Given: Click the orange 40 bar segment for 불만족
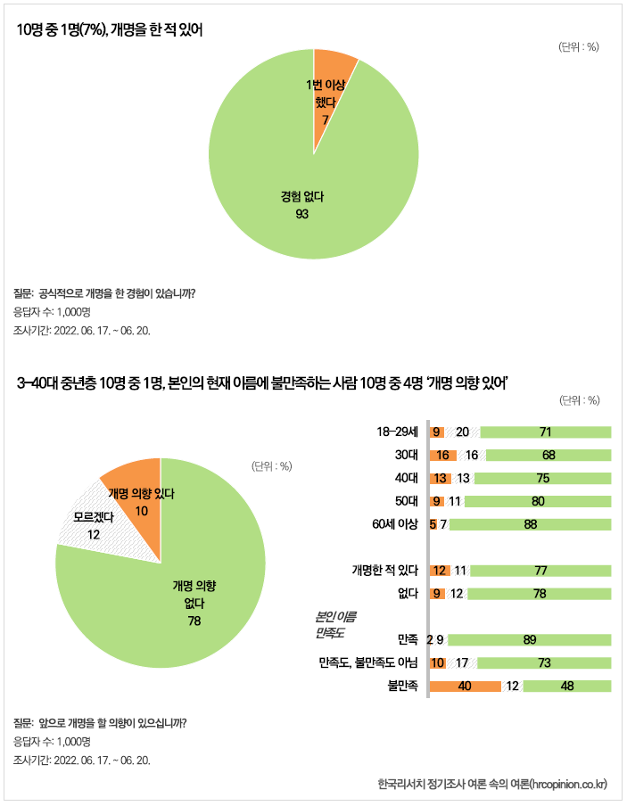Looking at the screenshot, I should [465, 687].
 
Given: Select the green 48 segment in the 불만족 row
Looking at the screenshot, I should [566, 687].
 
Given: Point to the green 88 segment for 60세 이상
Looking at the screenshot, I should [530, 524].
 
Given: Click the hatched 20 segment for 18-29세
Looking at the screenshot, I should [462, 432].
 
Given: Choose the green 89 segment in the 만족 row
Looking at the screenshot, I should [530, 639].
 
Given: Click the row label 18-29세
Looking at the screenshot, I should [397, 432].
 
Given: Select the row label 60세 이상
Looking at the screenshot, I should [393, 524].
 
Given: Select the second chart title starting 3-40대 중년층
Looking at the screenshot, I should [262, 383].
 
